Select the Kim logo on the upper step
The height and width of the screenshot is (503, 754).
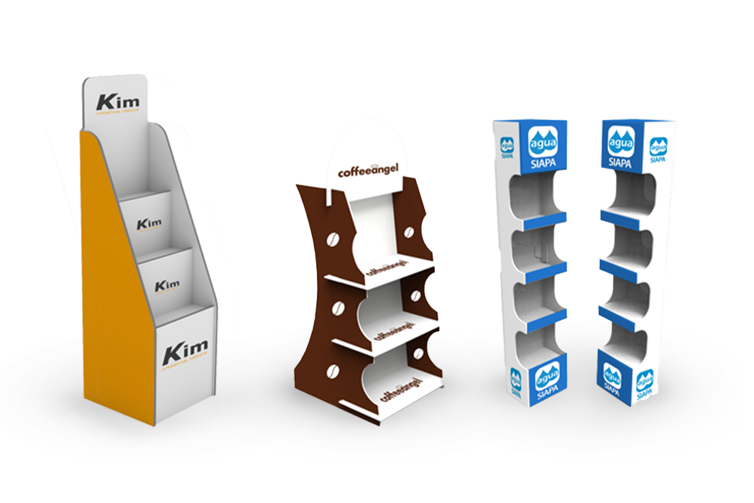149,223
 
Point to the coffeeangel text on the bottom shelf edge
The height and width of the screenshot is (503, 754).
397,394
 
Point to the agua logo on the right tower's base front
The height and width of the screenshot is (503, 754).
612,379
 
